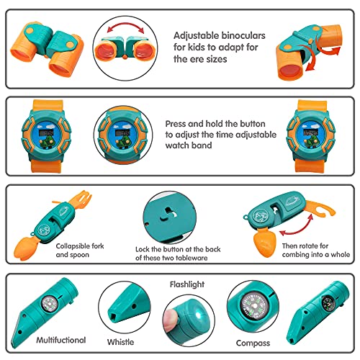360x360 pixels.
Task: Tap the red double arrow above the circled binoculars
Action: coord(125,24)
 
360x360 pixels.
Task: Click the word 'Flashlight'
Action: coord(187,284)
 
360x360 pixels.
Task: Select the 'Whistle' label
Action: coord(120,342)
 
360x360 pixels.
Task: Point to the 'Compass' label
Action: coord(253,343)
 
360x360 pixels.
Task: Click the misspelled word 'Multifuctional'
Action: coord(61,340)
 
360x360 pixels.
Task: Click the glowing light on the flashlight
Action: coord(199,312)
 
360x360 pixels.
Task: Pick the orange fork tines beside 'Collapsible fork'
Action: coord(83,199)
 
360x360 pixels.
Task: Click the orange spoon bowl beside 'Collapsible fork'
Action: coord(23,248)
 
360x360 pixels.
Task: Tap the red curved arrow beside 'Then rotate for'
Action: coord(298,227)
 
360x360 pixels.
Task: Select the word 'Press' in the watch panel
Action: coord(176,124)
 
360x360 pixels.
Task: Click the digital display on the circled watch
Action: coord(123,132)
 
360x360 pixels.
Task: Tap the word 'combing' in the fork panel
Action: coord(296,255)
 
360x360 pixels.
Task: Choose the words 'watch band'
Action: coord(189,145)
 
